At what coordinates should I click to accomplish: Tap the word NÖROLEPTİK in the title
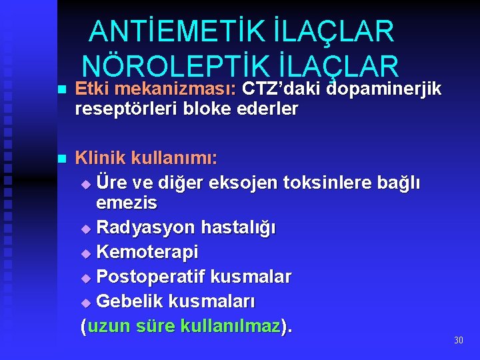click(174, 65)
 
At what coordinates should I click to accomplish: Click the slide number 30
click(458, 341)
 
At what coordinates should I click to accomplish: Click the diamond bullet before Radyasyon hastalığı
click(85, 229)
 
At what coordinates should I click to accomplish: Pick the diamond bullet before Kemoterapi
click(85, 253)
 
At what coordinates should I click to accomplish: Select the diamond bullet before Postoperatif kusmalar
click(85, 278)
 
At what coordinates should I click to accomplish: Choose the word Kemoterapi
click(147, 253)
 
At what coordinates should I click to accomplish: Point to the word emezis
click(127, 202)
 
